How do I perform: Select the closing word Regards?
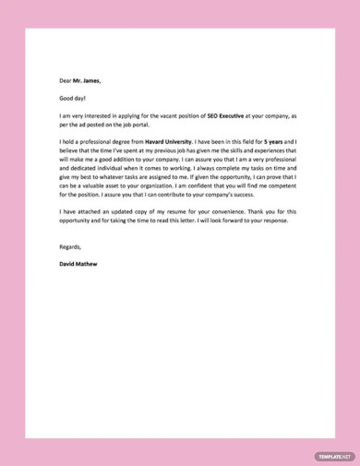click(x=70, y=248)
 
